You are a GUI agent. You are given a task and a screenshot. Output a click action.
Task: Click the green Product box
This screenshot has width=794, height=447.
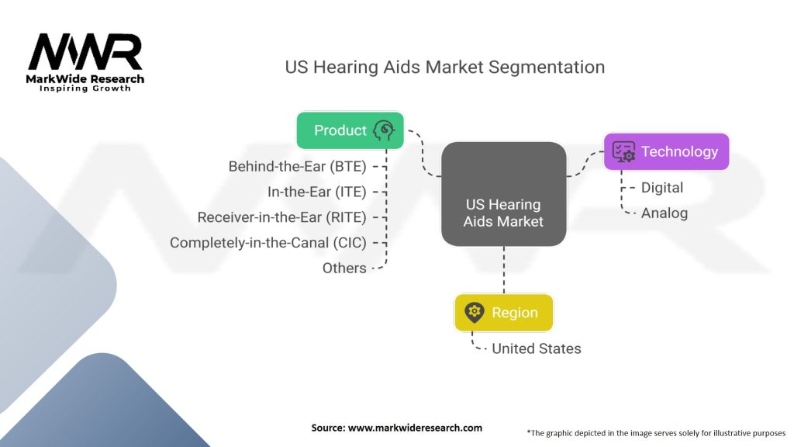click(350, 130)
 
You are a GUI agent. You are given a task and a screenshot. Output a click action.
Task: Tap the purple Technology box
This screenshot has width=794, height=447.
click(666, 151)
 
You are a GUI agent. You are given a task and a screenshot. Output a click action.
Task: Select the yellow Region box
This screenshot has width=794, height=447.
click(504, 313)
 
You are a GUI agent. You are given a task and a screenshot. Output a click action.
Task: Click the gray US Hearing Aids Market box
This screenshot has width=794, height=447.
click(504, 194)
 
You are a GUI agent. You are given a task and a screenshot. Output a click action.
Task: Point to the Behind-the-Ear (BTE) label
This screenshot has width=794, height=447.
click(297, 166)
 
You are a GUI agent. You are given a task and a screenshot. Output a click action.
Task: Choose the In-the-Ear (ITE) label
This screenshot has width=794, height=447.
click(317, 192)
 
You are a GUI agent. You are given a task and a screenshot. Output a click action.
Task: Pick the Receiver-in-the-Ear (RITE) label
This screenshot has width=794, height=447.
click(282, 217)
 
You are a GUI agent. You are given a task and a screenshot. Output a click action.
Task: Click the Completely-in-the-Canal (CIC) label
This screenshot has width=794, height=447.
click(268, 242)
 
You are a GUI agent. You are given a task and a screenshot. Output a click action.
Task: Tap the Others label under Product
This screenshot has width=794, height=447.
click(344, 268)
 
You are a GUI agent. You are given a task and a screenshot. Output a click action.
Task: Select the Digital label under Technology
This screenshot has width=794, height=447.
click(662, 188)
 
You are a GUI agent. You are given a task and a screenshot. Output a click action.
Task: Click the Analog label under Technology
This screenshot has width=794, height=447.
click(665, 213)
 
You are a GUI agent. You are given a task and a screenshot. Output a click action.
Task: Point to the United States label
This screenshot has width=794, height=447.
click(537, 348)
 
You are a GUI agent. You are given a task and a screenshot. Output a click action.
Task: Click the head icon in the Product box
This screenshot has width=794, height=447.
click(384, 130)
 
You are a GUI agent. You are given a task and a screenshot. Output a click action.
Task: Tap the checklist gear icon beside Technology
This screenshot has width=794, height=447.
click(623, 151)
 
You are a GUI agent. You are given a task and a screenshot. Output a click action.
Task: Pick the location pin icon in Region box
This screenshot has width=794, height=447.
click(475, 312)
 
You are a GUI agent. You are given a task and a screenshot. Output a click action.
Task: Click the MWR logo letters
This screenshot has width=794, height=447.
click(85, 52)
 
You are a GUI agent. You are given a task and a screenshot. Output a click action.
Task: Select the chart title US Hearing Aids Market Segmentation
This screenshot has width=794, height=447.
click(444, 67)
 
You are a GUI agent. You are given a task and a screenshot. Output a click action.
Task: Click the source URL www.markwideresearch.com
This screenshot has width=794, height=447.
click(415, 428)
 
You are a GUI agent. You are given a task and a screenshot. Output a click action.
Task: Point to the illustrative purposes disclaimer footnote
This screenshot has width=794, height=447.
click(656, 433)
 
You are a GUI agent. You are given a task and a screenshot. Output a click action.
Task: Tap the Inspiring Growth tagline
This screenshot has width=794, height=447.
click(85, 88)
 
